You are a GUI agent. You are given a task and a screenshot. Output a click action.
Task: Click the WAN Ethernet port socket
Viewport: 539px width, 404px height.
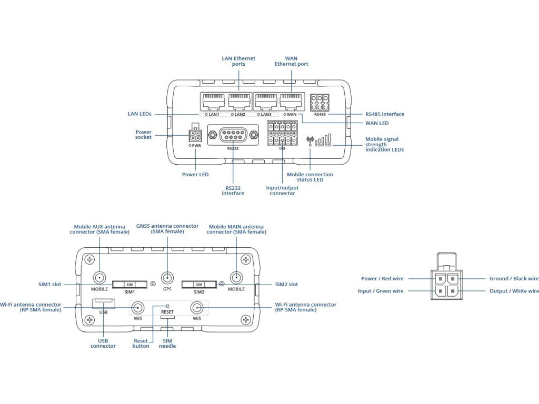(291, 101)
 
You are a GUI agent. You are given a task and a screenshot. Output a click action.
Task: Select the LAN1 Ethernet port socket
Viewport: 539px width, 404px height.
(214, 101)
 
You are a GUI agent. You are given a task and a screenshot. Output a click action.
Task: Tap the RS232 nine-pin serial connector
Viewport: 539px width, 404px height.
(233, 135)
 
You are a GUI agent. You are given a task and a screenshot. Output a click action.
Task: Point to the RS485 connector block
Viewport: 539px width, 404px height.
(320, 103)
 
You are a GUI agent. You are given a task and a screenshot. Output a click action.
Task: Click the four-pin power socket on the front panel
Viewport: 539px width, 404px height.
(195, 135)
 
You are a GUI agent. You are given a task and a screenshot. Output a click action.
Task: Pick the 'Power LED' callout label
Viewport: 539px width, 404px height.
(195, 175)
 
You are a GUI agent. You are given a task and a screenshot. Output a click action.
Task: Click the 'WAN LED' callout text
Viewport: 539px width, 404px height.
(377, 123)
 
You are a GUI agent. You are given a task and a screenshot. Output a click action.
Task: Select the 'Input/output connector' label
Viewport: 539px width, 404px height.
(282, 190)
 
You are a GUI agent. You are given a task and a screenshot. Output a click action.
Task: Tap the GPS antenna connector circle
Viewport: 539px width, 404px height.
(167, 277)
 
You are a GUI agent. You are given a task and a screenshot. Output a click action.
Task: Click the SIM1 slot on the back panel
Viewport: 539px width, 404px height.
(129, 285)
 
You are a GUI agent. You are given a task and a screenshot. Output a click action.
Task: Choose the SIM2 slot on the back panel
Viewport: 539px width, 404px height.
(199, 285)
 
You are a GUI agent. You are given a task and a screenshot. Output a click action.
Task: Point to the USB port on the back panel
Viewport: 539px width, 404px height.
(103, 304)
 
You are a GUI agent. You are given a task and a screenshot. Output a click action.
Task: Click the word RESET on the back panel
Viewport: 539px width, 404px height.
(167, 312)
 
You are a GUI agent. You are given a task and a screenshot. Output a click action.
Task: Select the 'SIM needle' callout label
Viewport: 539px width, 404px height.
(167, 344)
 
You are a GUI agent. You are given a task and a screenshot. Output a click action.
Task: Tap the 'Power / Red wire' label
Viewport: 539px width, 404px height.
(382, 279)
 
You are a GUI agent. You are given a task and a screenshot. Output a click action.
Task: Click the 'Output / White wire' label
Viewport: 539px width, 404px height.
(514, 291)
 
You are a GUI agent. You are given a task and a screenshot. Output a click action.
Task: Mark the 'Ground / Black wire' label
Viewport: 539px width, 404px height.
(514, 279)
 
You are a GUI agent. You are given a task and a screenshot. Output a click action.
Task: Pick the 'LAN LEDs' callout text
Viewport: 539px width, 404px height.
(139, 114)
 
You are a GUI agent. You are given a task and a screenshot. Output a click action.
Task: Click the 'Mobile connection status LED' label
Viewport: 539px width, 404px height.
(310, 177)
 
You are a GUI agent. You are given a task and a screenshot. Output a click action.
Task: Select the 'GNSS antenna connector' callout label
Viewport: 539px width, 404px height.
(167, 229)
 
